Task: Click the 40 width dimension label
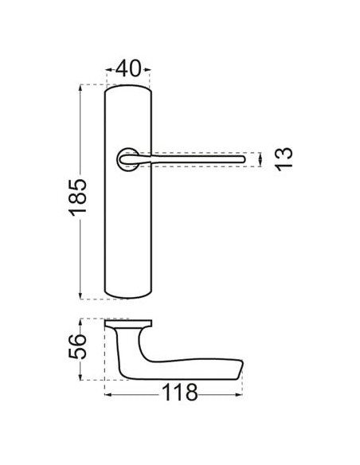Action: pyautogui.click(x=128, y=68)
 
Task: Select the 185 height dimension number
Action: pyautogui.click(x=78, y=197)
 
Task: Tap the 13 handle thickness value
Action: pyautogui.click(x=284, y=159)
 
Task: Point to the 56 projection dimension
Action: pyautogui.click(x=78, y=346)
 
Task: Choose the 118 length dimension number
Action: pyautogui.click(x=180, y=393)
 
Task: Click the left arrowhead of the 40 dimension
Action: pyautogui.click(x=109, y=70)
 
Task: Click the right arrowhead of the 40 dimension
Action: pyautogui.click(x=147, y=70)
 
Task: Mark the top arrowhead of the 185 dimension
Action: pyautogui.click(x=80, y=88)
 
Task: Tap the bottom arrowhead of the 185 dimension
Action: pyautogui.click(x=80, y=295)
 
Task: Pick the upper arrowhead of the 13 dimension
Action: pyautogui.click(x=260, y=155)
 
